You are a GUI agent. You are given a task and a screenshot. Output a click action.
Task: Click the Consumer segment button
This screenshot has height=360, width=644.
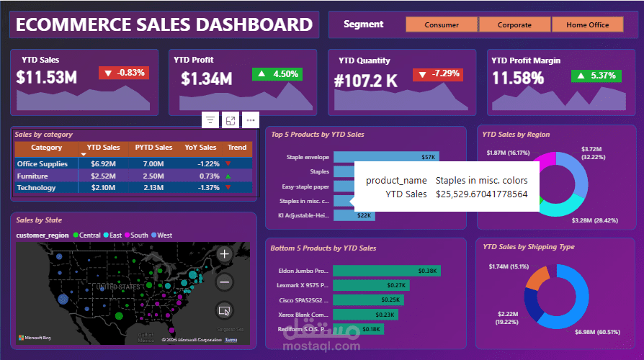[x=442, y=24]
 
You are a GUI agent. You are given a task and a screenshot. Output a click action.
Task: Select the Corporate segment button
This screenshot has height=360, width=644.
[x=514, y=24]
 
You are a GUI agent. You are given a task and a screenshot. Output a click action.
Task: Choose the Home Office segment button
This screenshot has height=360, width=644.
[x=588, y=24]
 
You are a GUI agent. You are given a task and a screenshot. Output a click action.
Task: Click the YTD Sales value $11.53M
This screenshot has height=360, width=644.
[x=47, y=78]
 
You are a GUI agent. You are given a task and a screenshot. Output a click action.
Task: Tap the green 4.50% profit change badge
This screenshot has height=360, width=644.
[x=277, y=73]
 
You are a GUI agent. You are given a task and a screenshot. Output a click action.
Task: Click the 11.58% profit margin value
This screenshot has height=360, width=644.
[x=517, y=78]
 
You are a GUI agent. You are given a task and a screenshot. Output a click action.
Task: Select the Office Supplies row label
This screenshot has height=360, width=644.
[x=42, y=164]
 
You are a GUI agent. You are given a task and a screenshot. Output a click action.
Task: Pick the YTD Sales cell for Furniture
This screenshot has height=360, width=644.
[x=104, y=176]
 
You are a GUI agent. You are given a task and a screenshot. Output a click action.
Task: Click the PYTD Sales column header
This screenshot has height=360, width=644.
[x=153, y=148]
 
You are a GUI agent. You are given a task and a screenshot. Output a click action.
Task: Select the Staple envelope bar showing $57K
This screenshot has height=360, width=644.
[x=385, y=156]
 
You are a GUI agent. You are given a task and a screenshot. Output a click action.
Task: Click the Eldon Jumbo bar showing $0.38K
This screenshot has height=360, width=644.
[x=386, y=271]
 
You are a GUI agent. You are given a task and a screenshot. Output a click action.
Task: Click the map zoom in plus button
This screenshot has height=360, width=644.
[x=224, y=254]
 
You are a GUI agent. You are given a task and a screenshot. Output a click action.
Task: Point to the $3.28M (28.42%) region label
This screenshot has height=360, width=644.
[x=594, y=220]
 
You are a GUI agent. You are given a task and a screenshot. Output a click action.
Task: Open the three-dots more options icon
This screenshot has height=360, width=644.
[x=250, y=120]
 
